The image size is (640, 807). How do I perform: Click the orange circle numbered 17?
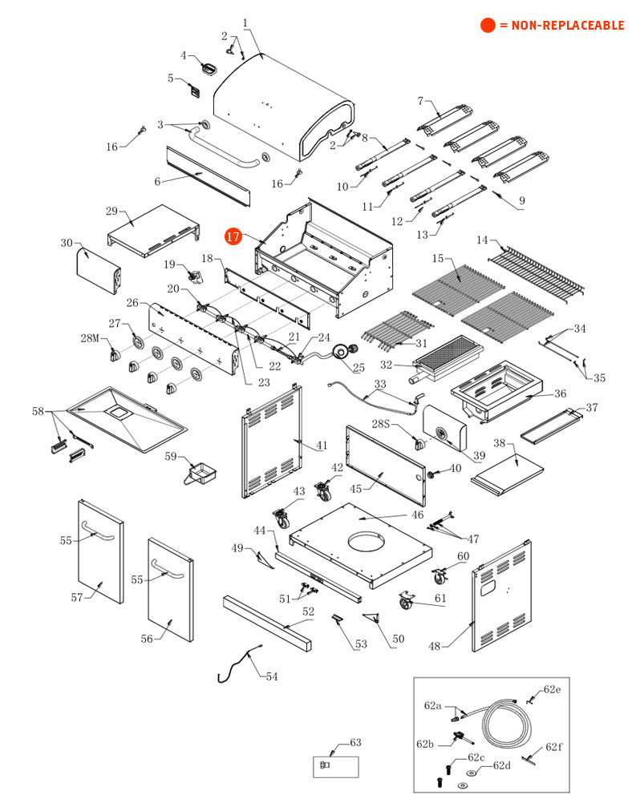click(233, 236)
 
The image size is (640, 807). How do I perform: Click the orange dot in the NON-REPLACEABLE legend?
click(488, 26)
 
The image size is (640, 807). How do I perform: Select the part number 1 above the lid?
click(245, 23)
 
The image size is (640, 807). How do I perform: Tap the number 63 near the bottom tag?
click(356, 743)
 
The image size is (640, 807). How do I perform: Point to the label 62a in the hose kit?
click(433, 705)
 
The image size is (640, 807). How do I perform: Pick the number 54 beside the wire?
click(272, 676)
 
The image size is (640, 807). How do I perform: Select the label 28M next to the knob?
click(89, 338)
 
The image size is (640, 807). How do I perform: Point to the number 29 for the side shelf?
click(111, 211)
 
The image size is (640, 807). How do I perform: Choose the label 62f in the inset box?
click(554, 747)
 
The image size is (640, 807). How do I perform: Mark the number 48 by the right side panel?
click(434, 647)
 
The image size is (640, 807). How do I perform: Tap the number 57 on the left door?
click(77, 597)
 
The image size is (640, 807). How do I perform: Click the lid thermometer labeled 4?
click(209, 67)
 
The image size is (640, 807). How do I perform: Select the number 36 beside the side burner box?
click(560, 393)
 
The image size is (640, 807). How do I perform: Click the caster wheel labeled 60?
click(439, 574)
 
